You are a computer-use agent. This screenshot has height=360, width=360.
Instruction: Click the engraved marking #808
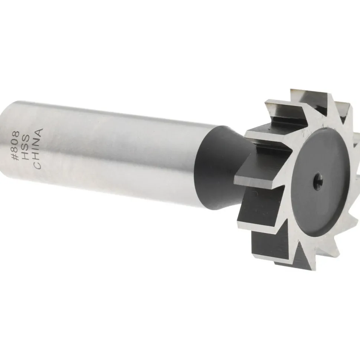16,146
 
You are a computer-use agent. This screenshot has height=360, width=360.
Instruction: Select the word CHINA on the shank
37,148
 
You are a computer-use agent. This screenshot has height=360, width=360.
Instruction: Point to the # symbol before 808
16,157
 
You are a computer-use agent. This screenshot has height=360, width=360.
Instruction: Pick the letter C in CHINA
37,165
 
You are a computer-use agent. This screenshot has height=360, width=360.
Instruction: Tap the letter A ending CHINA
38,132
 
